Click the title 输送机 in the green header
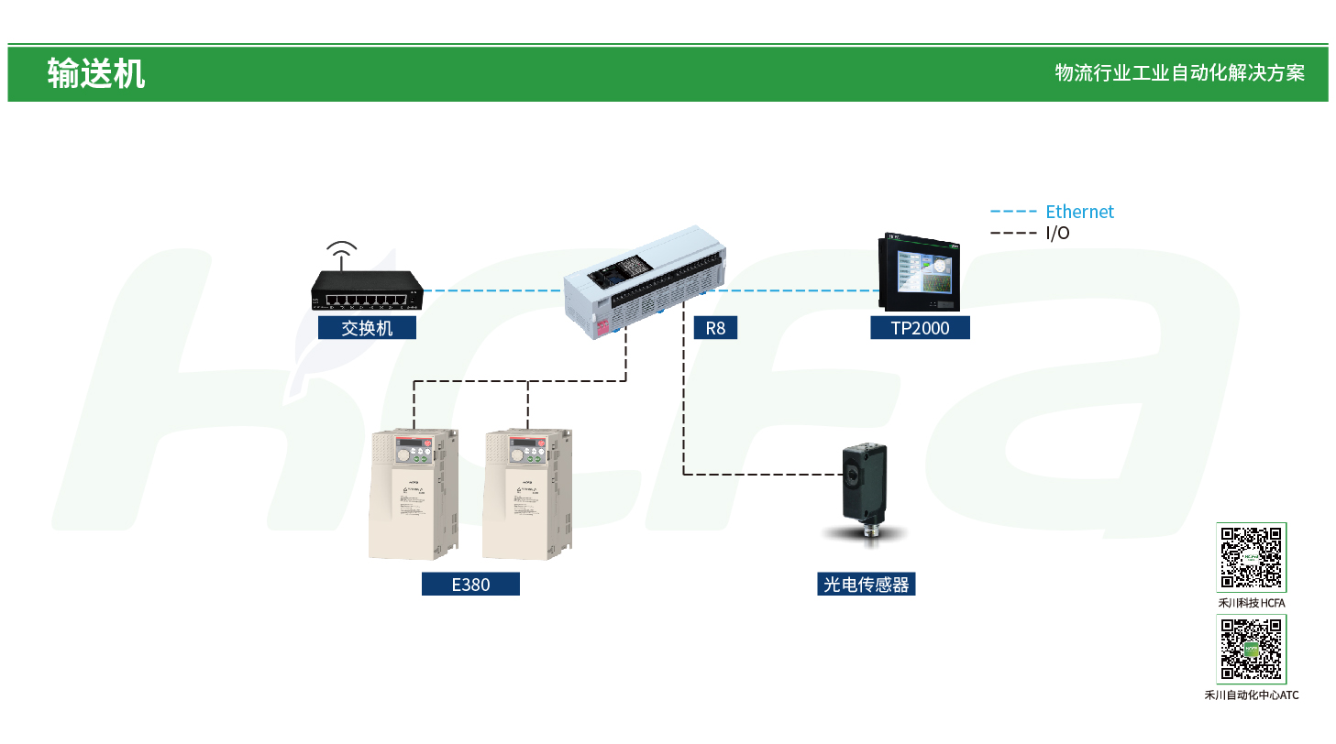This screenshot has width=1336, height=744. (x=96, y=73)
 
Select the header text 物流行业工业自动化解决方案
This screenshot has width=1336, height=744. (x=1179, y=73)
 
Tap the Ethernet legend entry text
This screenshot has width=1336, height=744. (x=1079, y=212)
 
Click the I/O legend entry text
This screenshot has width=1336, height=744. (x=1057, y=233)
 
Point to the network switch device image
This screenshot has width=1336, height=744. (x=366, y=292)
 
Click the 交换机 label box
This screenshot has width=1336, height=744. (x=367, y=328)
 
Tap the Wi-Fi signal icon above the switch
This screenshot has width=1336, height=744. (x=342, y=254)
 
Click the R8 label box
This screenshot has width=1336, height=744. (x=715, y=328)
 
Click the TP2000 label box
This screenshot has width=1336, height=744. (x=920, y=328)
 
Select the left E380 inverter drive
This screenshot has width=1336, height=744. (x=413, y=495)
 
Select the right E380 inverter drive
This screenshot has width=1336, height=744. (x=528, y=495)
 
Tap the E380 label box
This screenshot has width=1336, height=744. (x=470, y=584)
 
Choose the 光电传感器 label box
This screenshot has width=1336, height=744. (x=866, y=584)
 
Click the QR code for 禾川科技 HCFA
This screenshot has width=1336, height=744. (x=1252, y=557)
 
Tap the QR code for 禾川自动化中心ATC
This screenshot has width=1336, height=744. (x=1252, y=649)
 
